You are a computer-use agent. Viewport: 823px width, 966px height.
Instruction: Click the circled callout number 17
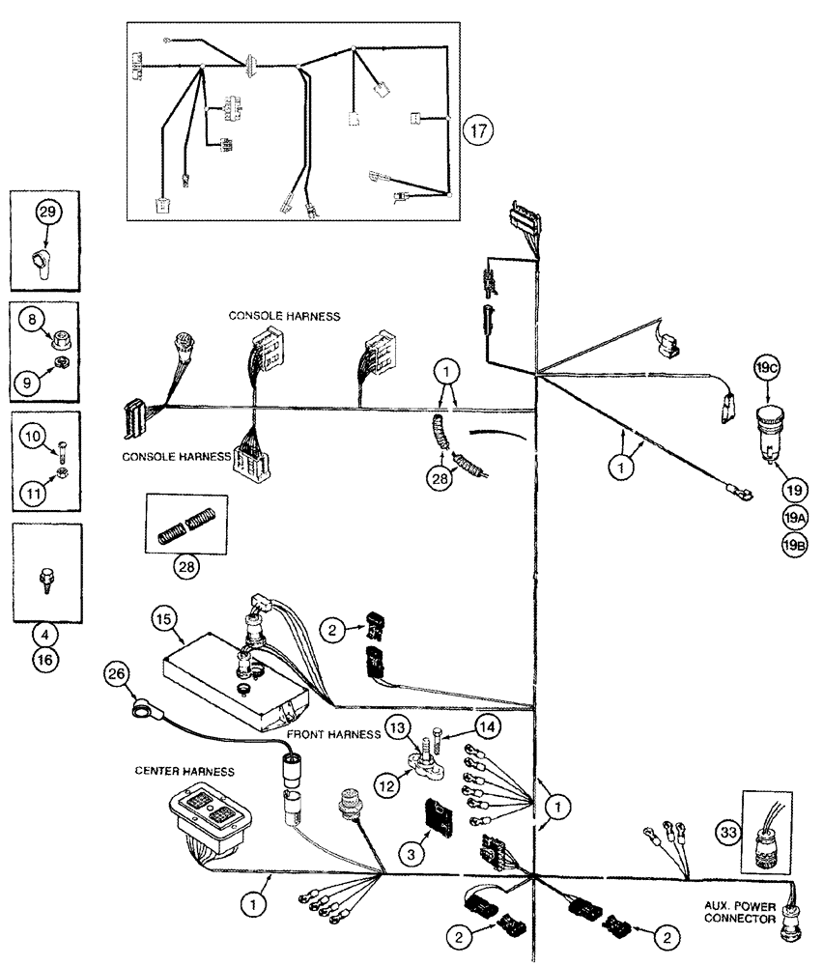[475, 129]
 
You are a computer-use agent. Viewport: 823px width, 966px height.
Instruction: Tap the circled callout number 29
[48, 210]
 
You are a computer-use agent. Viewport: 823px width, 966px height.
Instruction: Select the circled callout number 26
[117, 675]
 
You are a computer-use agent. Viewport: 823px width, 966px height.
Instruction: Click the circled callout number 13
[397, 725]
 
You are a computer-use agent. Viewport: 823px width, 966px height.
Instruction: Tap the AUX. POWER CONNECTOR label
[742, 914]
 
